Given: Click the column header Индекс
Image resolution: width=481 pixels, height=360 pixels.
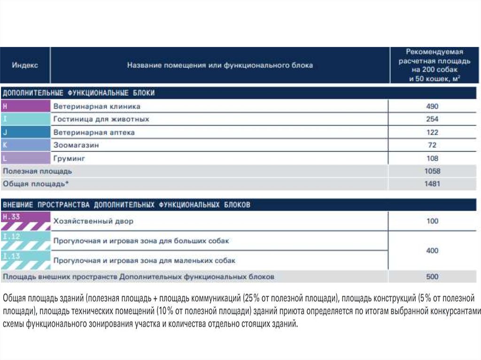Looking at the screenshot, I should coord(25,66).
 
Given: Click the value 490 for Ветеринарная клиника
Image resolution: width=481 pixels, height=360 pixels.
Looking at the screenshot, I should coord(432,107).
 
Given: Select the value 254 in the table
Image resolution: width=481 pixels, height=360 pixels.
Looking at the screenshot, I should coord(432,119).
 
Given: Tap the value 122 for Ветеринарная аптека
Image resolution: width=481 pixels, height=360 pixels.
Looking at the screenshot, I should coord(432,132).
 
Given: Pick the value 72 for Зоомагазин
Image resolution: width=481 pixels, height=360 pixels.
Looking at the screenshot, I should coord(432,145).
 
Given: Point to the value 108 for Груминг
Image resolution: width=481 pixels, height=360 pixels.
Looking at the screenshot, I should coord(432,158).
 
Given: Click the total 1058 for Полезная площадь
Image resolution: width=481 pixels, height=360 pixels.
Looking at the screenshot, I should coord(432,171).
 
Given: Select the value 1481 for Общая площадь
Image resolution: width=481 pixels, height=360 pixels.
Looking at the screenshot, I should coord(432,184).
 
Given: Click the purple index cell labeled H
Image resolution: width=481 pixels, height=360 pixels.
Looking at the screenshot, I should coord(25,106).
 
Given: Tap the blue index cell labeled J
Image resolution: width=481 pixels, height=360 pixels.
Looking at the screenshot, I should coord(25,132).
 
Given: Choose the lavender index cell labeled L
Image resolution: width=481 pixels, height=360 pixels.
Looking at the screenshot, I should coord(25,158).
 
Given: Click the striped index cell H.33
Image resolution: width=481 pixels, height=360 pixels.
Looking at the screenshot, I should coord(25,221).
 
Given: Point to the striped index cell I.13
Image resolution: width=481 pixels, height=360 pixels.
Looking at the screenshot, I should coord(25,260).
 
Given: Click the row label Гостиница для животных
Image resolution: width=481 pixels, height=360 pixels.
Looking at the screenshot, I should coord(101,119).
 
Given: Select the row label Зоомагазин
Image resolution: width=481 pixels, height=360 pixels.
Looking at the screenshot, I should coord(76,146).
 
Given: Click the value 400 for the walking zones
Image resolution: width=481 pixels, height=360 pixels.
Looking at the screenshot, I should coord(432,251).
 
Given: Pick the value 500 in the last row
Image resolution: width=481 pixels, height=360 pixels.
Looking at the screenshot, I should coord(432,277).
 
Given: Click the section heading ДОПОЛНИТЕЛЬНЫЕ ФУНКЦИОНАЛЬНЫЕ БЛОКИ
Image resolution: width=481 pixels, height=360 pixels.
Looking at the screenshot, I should coord(79,93).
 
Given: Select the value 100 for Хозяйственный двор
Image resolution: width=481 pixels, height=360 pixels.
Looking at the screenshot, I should coord(432,221).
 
